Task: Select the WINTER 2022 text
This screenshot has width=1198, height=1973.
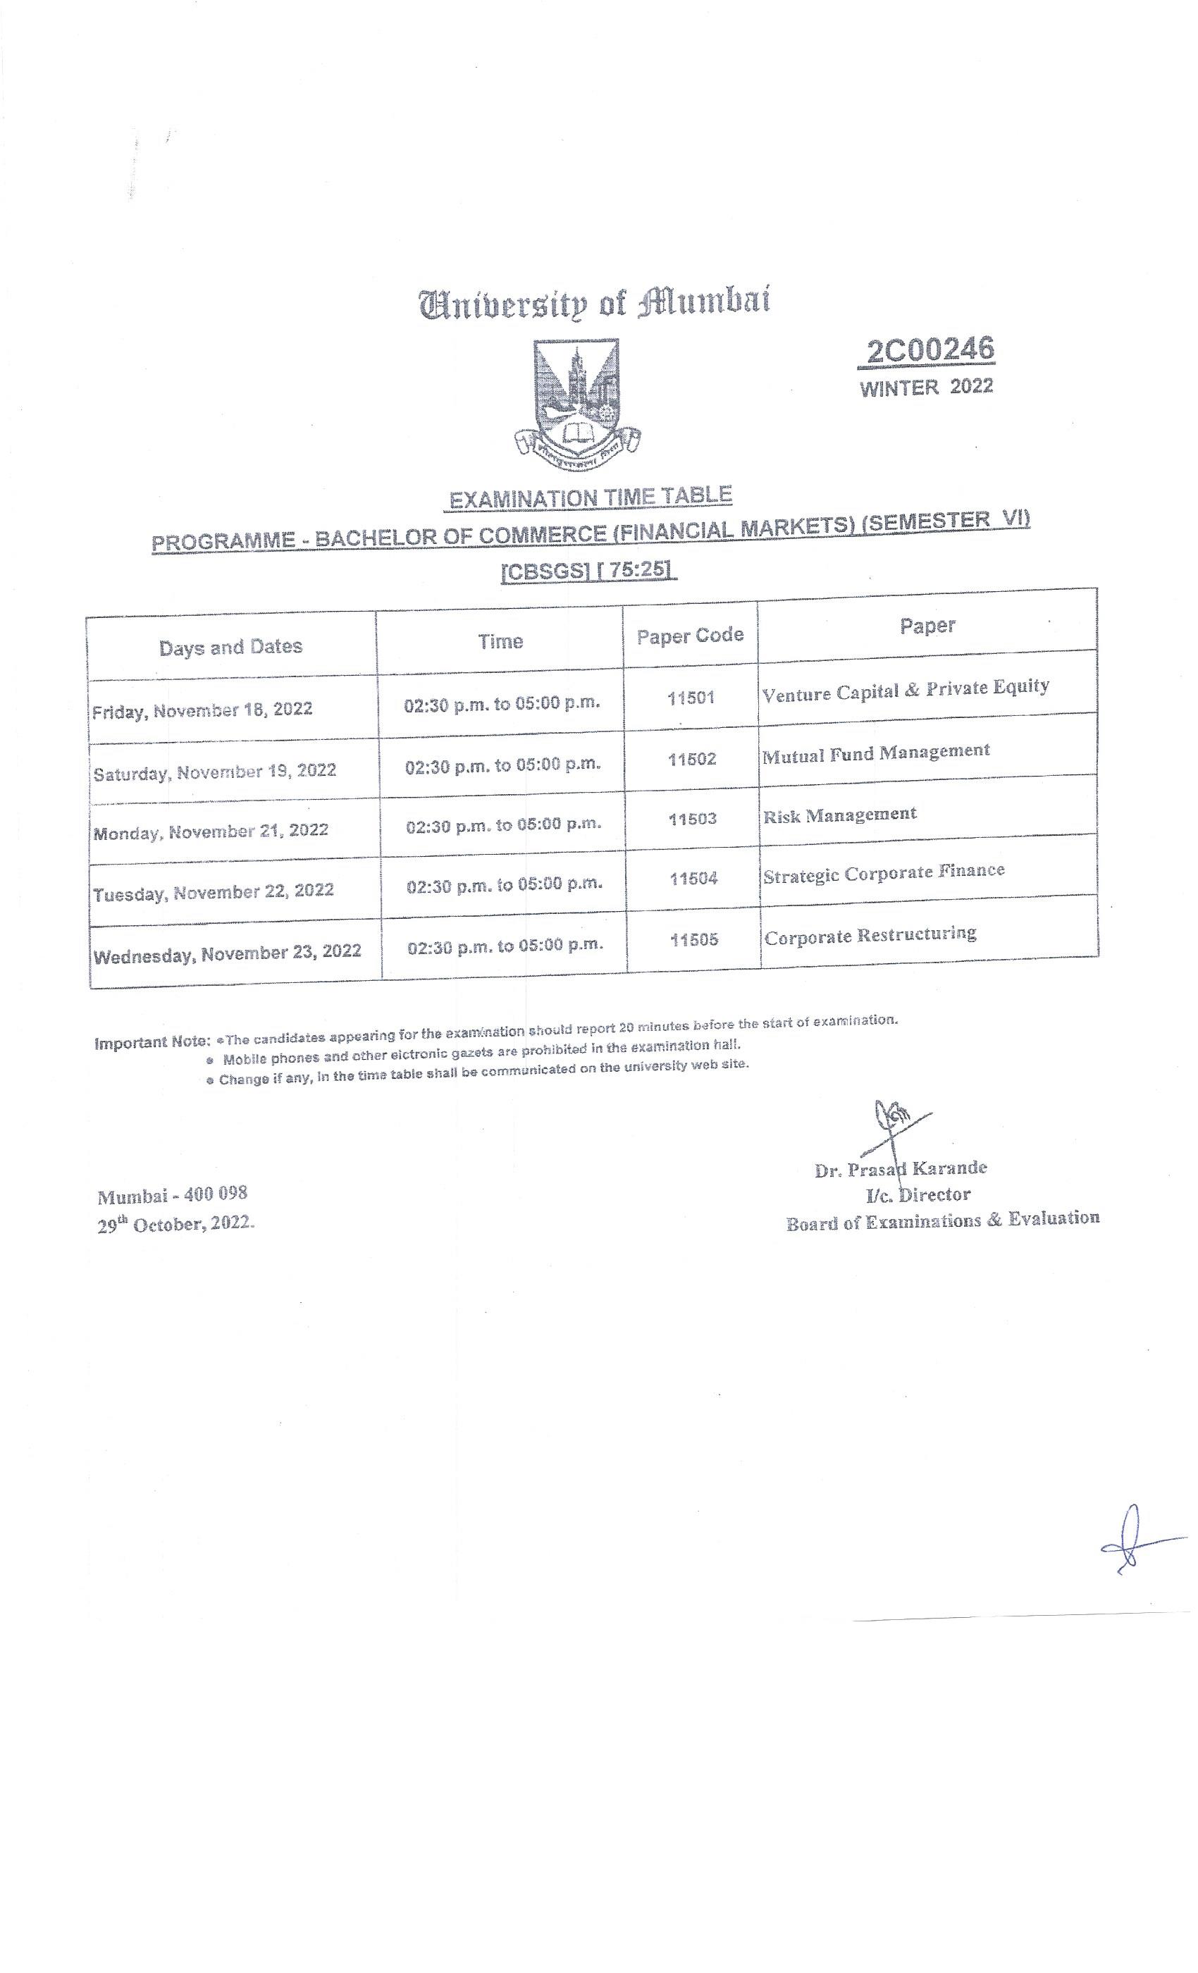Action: click(x=926, y=388)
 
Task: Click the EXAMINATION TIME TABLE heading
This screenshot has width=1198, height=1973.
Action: click(x=591, y=498)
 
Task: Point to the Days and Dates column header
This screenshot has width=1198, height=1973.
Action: click(x=230, y=647)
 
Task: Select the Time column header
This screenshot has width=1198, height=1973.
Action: click(x=500, y=641)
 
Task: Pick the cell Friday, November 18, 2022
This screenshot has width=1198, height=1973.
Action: click(x=203, y=710)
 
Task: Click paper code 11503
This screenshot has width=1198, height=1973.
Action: click(x=693, y=819)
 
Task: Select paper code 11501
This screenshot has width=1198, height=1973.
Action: click(x=691, y=698)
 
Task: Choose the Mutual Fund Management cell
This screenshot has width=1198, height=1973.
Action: click(x=876, y=753)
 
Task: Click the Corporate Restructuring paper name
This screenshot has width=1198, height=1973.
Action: click(x=870, y=935)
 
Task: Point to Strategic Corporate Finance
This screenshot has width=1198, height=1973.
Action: click(x=883, y=873)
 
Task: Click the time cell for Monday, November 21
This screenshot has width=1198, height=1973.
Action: click(x=504, y=824)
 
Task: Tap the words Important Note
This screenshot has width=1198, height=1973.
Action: click(x=152, y=1043)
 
